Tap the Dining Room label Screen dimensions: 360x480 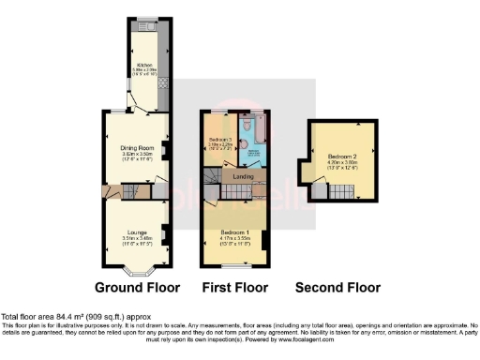(137, 148)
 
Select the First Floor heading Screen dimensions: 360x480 (235, 287)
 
